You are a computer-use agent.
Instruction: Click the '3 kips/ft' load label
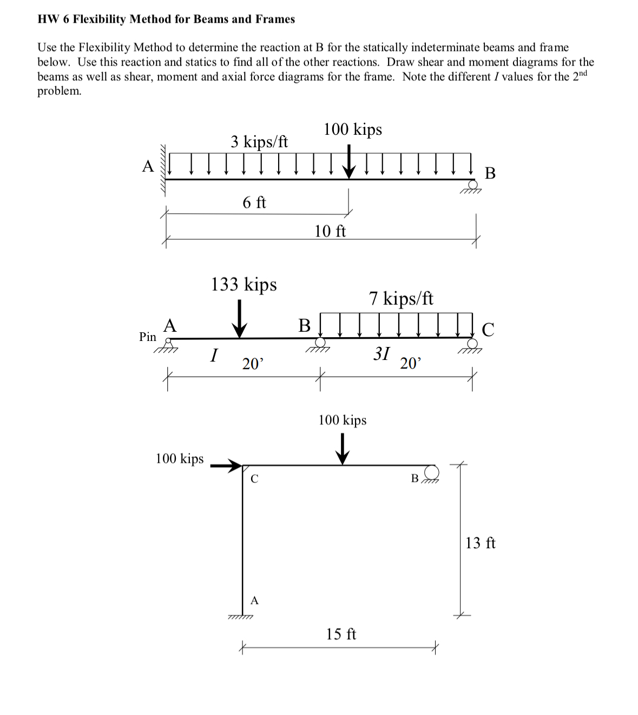pos(259,142)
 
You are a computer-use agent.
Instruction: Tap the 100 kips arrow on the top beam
pos(350,161)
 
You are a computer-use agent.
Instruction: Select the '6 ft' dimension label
pos(254,202)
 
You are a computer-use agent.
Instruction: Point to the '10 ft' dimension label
pos(330,231)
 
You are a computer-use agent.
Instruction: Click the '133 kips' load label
pos(244,284)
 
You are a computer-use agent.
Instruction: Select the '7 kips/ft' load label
pos(401,298)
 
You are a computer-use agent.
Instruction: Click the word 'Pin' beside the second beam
pos(148,337)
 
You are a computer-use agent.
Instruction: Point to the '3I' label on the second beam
pos(382,353)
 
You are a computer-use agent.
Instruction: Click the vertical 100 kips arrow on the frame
pos(341,449)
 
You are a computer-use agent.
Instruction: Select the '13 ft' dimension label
pos(480,542)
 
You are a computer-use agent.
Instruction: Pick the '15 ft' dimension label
pos(341,634)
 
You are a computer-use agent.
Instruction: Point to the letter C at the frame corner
pos(254,479)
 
